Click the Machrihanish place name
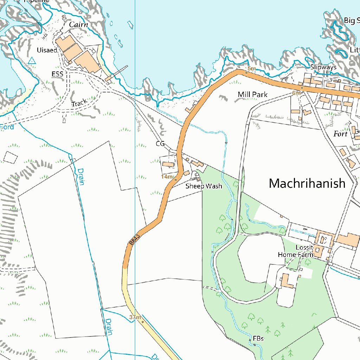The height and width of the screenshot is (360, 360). pyautogui.click(x=307, y=184)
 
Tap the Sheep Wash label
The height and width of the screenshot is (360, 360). pyautogui.click(x=204, y=186)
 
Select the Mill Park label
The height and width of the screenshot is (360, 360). pyautogui.click(x=252, y=95)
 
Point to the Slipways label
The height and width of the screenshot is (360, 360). pyautogui.click(x=323, y=67)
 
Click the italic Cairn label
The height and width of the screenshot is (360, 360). pyautogui.click(x=78, y=25)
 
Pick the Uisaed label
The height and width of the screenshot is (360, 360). pyautogui.click(x=47, y=50)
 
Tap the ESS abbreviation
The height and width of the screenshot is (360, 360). pyautogui.click(x=57, y=74)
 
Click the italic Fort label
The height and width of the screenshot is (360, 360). pyautogui.click(x=340, y=134)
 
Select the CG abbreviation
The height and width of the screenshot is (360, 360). pyautogui.click(x=160, y=144)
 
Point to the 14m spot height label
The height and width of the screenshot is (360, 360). pyautogui.click(x=167, y=176)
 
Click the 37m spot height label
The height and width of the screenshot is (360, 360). pyautogui.click(x=135, y=317)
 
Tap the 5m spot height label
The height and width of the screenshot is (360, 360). pyautogui.click(x=251, y=69)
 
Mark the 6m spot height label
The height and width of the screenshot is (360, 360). pyautogui.click(x=296, y=93)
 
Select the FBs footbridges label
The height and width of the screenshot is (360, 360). pyautogui.click(x=258, y=339)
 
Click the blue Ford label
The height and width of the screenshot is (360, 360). pyautogui.click(x=7, y=127)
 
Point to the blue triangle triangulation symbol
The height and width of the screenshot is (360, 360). pyautogui.click(x=32, y=61)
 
